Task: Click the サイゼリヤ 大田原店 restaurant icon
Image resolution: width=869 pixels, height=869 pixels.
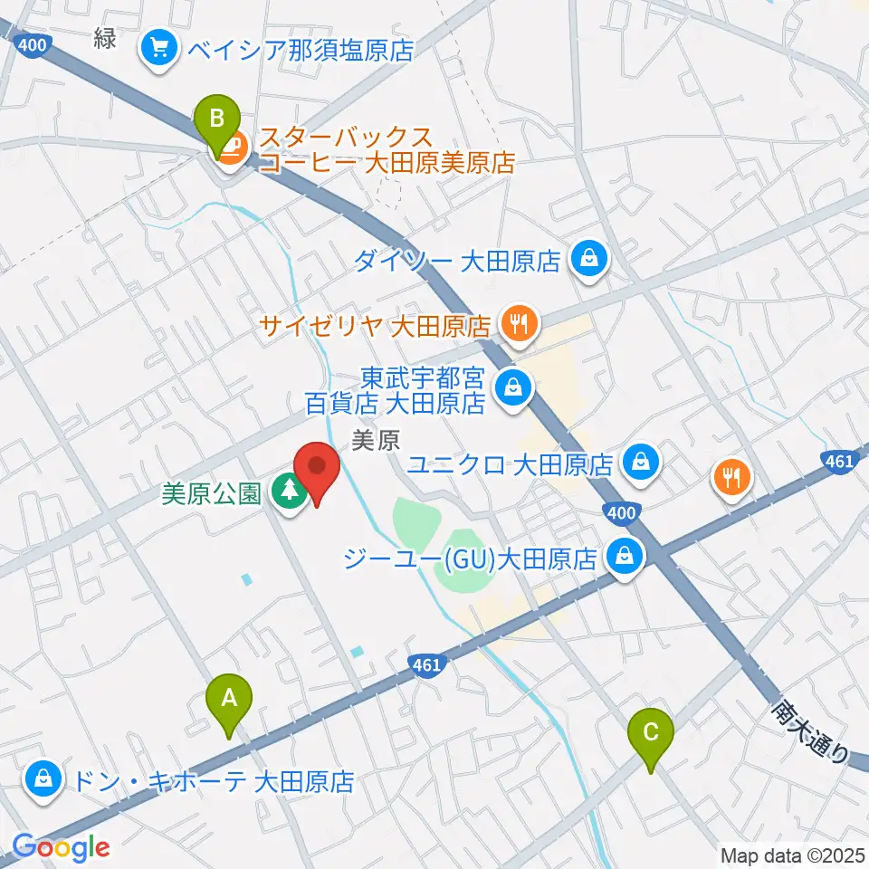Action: pyautogui.click(x=518, y=323)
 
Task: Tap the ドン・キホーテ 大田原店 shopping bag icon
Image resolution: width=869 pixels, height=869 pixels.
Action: pyautogui.click(x=42, y=779)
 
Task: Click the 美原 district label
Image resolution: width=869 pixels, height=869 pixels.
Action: pyautogui.click(x=375, y=441)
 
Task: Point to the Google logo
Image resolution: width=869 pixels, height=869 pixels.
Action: pyautogui.click(x=61, y=848)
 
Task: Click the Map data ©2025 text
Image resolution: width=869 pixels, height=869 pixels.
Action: pyautogui.click(x=791, y=854)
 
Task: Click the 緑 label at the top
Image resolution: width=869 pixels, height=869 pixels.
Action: pyautogui.click(x=106, y=39)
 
